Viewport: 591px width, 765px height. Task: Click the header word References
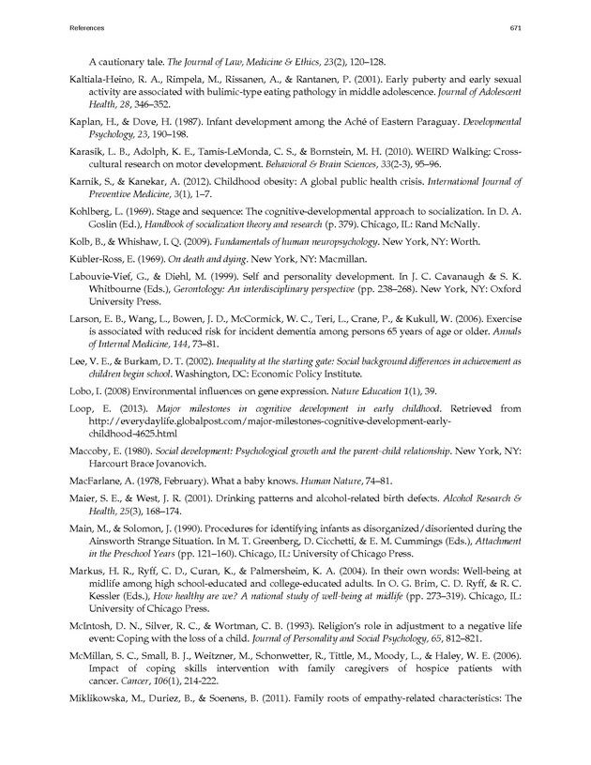coord(88,28)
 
